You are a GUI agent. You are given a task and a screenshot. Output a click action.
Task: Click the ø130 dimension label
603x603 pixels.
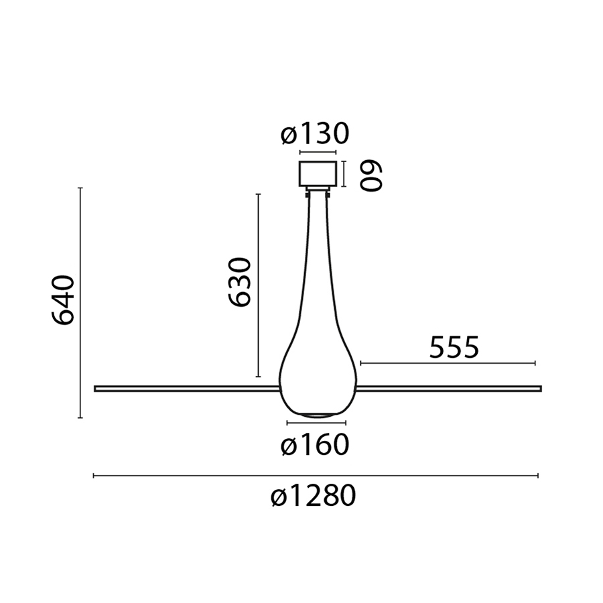pos(315,134)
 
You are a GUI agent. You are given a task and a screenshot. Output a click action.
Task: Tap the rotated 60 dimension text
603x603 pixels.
pos(371,176)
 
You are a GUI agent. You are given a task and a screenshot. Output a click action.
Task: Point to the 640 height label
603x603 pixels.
pos(62,300)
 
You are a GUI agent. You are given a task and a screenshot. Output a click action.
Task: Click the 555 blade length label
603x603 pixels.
pos(454,347)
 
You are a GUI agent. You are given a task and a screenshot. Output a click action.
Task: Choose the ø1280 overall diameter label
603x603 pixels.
pos(314,495)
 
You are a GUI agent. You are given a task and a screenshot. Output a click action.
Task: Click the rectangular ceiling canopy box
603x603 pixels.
pos(318,174)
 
